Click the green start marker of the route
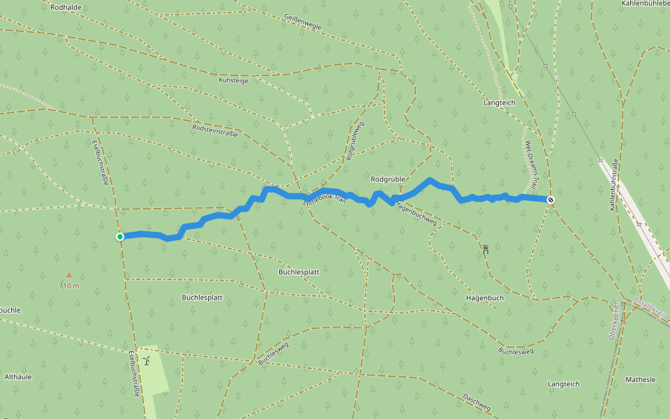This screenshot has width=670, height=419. tap(120, 237)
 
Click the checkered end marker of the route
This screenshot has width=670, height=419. tap(551, 200)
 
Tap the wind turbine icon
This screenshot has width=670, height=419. tap(147, 360)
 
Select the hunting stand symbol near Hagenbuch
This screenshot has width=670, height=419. tap(485, 248)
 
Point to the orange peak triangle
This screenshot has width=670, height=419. tap(68, 275)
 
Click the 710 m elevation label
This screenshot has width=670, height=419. tap(68, 286)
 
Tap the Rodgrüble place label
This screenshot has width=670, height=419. tap(389, 179)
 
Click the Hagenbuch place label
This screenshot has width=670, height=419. tap(484, 297)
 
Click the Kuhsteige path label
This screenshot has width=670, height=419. tap(234, 81)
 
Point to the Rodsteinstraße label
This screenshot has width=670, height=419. tap(214, 130)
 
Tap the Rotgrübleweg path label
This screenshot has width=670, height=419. tap(355, 142)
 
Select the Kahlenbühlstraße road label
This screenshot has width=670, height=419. tap(614, 185)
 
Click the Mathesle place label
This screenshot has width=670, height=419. tap(640, 379)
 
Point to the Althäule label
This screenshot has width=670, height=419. tap(18, 376)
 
